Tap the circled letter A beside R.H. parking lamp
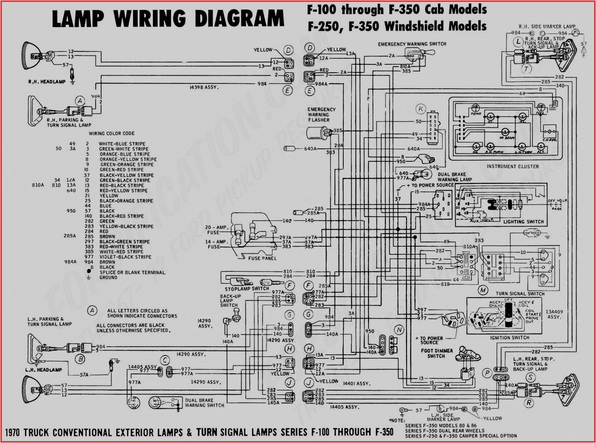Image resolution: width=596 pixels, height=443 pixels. (80, 101)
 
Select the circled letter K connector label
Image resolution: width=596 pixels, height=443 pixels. (421, 109)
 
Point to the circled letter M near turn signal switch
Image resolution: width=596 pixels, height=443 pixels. (483, 290)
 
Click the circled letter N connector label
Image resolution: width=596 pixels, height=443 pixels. (399, 330)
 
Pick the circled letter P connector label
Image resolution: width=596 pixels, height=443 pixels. (487, 373)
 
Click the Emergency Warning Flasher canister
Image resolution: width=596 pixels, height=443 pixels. (317, 133)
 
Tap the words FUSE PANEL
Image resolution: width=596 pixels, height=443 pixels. (262, 258)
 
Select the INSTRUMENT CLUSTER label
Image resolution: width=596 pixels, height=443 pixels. (513, 166)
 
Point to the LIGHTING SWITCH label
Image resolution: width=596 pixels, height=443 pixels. (523, 221)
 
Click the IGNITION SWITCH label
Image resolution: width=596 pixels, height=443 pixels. (510, 338)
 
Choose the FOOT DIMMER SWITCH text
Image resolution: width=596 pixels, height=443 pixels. (437, 354)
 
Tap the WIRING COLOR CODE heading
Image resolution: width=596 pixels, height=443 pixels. (112, 134)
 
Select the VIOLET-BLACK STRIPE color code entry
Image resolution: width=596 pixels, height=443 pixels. (125, 257)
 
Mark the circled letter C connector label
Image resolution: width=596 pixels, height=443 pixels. (165, 360)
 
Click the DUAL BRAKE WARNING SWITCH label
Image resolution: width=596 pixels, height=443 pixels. (204, 403)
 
